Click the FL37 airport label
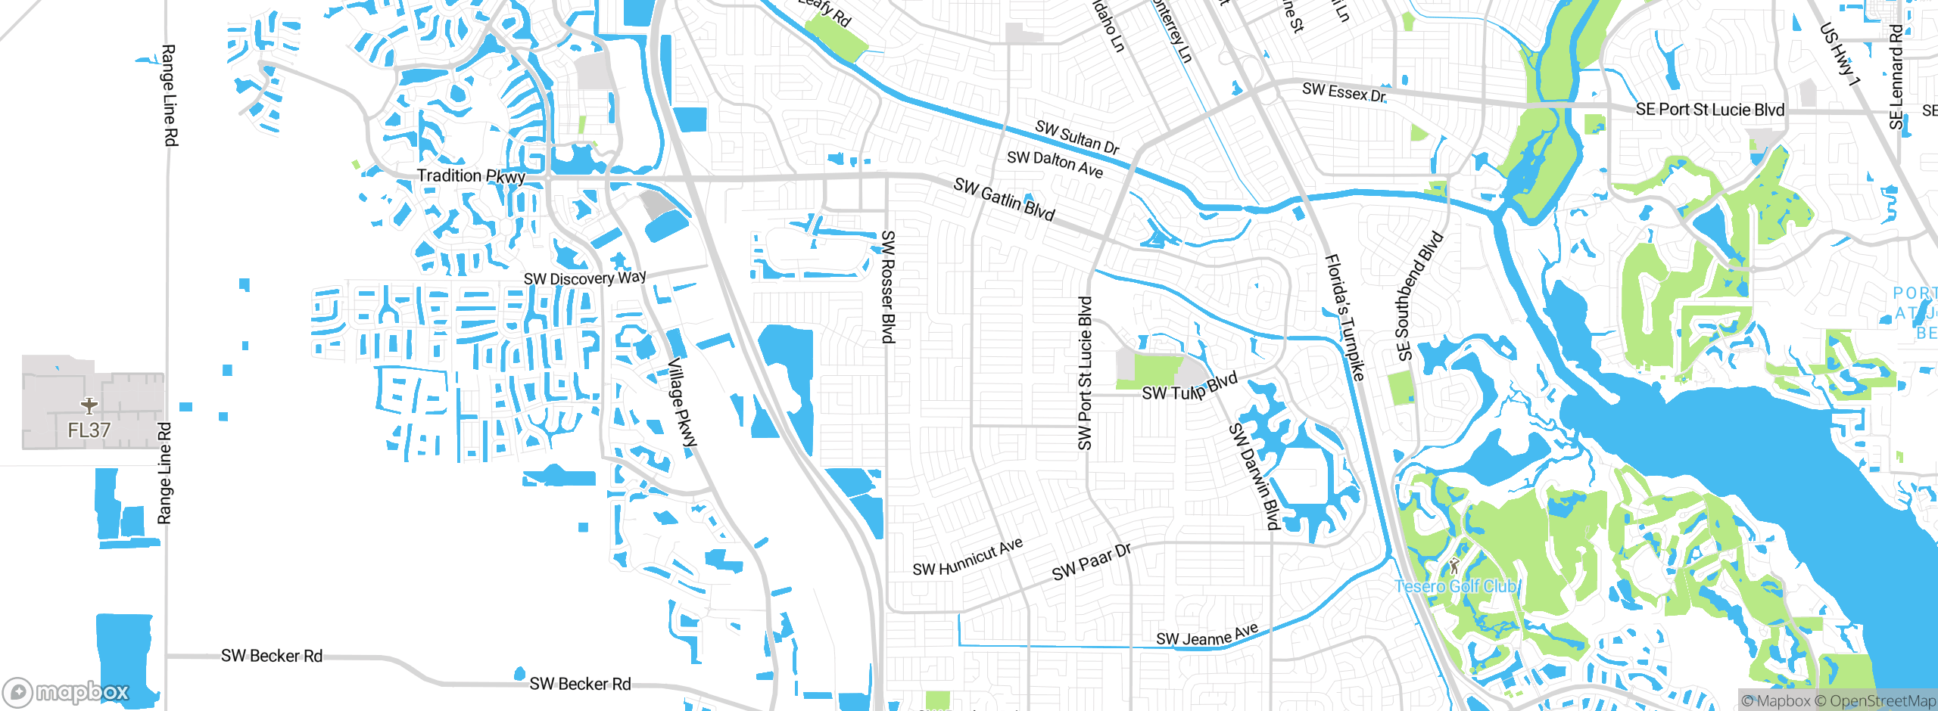89,430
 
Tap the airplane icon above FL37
89,406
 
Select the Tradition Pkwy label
471,176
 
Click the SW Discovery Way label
585,278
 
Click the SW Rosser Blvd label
888,287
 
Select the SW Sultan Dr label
1076,138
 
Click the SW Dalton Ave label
1055,163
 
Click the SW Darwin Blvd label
1254,477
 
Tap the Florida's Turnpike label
1344,318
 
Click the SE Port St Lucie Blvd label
1709,110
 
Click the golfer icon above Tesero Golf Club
1453,565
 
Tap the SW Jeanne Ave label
1207,635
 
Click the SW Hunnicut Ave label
967,558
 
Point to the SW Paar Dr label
1091,562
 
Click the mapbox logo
67,692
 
